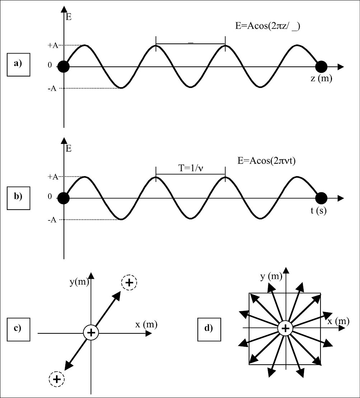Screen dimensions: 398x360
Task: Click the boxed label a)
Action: (18, 64)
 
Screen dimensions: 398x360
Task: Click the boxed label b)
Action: (18, 196)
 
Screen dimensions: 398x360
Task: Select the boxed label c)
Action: (18, 328)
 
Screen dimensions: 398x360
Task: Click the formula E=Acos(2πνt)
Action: (266, 161)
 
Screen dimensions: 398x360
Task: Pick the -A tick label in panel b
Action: (52, 220)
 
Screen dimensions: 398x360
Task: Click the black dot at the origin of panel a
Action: (64, 67)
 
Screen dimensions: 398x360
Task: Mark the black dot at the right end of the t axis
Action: (321, 198)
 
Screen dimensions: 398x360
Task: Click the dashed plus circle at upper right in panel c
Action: (130, 283)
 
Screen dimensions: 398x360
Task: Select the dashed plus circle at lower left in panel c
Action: (56, 379)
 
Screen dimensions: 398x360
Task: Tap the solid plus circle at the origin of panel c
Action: (91, 332)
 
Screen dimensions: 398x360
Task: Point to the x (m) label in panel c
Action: (146, 325)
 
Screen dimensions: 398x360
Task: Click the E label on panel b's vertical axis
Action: (69, 148)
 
